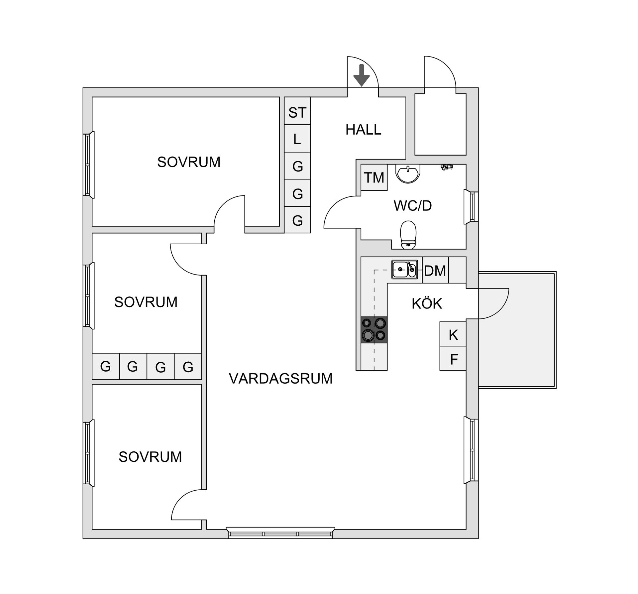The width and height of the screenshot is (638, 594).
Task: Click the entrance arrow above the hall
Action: [361, 76]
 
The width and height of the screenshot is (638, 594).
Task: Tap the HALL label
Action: [363, 130]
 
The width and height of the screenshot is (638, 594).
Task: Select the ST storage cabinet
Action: [297, 113]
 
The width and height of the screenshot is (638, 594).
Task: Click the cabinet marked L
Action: [297, 139]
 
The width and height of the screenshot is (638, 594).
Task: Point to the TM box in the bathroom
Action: [374, 178]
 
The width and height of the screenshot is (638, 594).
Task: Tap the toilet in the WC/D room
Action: [408, 235]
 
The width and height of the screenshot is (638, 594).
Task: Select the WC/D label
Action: [412, 206]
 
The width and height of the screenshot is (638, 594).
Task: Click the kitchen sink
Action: [404, 270]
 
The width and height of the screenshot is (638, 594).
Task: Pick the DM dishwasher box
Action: [435, 271]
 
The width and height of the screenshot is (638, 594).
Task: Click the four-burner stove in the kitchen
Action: [374, 329]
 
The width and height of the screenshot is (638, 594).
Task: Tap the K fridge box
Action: [453, 335]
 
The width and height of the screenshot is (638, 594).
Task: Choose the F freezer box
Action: [453, 359]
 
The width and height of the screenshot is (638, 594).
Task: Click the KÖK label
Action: [427, 304]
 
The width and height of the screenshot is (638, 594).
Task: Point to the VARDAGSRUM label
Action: [280, 379]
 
